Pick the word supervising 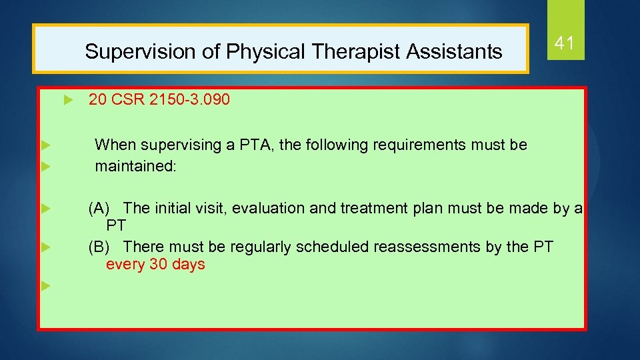pyautogui.click(x=175, y=145)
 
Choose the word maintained pyautogui.click(x=136, y=165)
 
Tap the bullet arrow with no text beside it pyautogui.click(x=45, y=286)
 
